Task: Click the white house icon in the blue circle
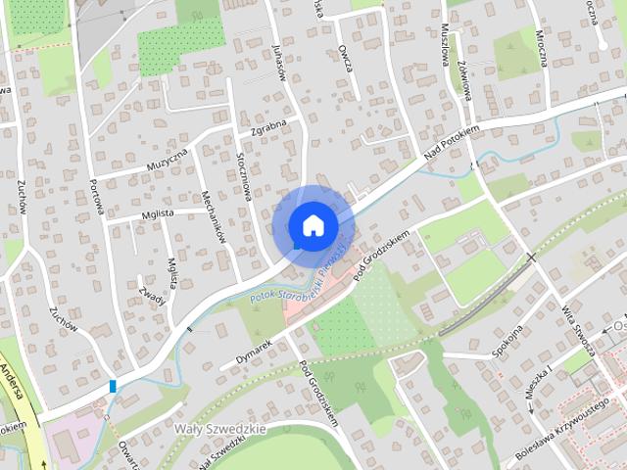(313, 225)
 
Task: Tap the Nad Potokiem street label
(451, 143)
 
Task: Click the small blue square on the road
(114, 386)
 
